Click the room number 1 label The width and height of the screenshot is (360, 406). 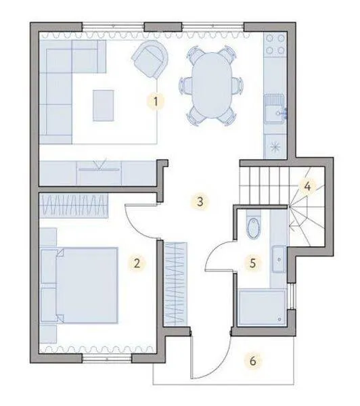click(156, 101)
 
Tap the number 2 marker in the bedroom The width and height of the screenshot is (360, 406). click(137, 263)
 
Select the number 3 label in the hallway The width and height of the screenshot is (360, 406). click(200, 202)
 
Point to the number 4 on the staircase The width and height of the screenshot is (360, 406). click(307, 186)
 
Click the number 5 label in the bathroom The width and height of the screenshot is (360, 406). click(253, 263)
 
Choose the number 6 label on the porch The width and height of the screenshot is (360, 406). click(253, 361)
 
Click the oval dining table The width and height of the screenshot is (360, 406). click(212, 85)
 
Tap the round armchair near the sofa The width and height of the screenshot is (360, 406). click(150, 60)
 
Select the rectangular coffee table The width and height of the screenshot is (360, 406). click(104, 106)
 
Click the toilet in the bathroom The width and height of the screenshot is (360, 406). click(252, 225)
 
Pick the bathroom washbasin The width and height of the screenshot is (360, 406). click(279, 259)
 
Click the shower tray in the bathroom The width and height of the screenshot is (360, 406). click(262, 307)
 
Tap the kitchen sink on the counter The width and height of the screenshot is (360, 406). click(275, 109)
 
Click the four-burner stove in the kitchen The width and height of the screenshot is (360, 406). click(275, 44)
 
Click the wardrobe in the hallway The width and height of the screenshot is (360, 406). click(176, 284)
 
